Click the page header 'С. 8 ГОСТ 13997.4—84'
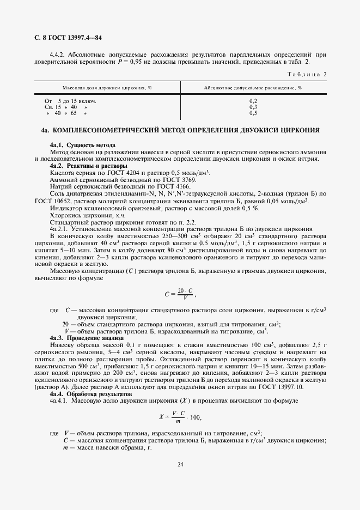[x=68, y=38]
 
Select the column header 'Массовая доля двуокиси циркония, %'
[x=107, y=87]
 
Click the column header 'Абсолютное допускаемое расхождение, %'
[x=253, y=87]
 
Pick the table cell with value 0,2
[x=253, y=101]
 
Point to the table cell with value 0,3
[x=253, y=107]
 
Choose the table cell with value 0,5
[x=253, y=113]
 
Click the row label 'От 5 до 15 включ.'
[x=70, y=101]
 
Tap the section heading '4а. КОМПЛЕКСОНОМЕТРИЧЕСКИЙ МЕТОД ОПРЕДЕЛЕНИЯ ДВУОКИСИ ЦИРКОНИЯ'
[x=180, y=130]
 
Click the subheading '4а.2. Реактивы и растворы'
[x=88, y=165]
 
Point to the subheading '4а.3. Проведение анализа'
[x=87, y=338]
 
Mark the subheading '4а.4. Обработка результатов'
[x=90, y=393]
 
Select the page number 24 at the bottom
[x=180, y=464]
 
